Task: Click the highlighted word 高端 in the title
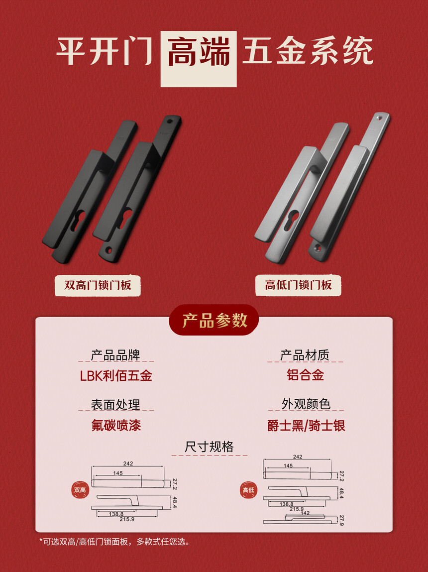199,52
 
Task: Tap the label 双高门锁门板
98,285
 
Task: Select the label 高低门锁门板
298,285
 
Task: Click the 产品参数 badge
214,320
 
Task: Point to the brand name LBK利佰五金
116,376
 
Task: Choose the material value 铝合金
305,375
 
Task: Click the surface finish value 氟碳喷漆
116,425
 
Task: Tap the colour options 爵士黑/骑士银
306,425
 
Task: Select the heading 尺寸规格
209,447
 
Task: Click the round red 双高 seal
80,490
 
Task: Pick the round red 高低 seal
248,490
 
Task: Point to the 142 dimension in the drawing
305,513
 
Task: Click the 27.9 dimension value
341,521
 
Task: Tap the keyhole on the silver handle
292,220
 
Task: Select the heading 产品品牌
115,355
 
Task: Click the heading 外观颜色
306,404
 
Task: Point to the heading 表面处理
115,405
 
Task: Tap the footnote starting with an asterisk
114,542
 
